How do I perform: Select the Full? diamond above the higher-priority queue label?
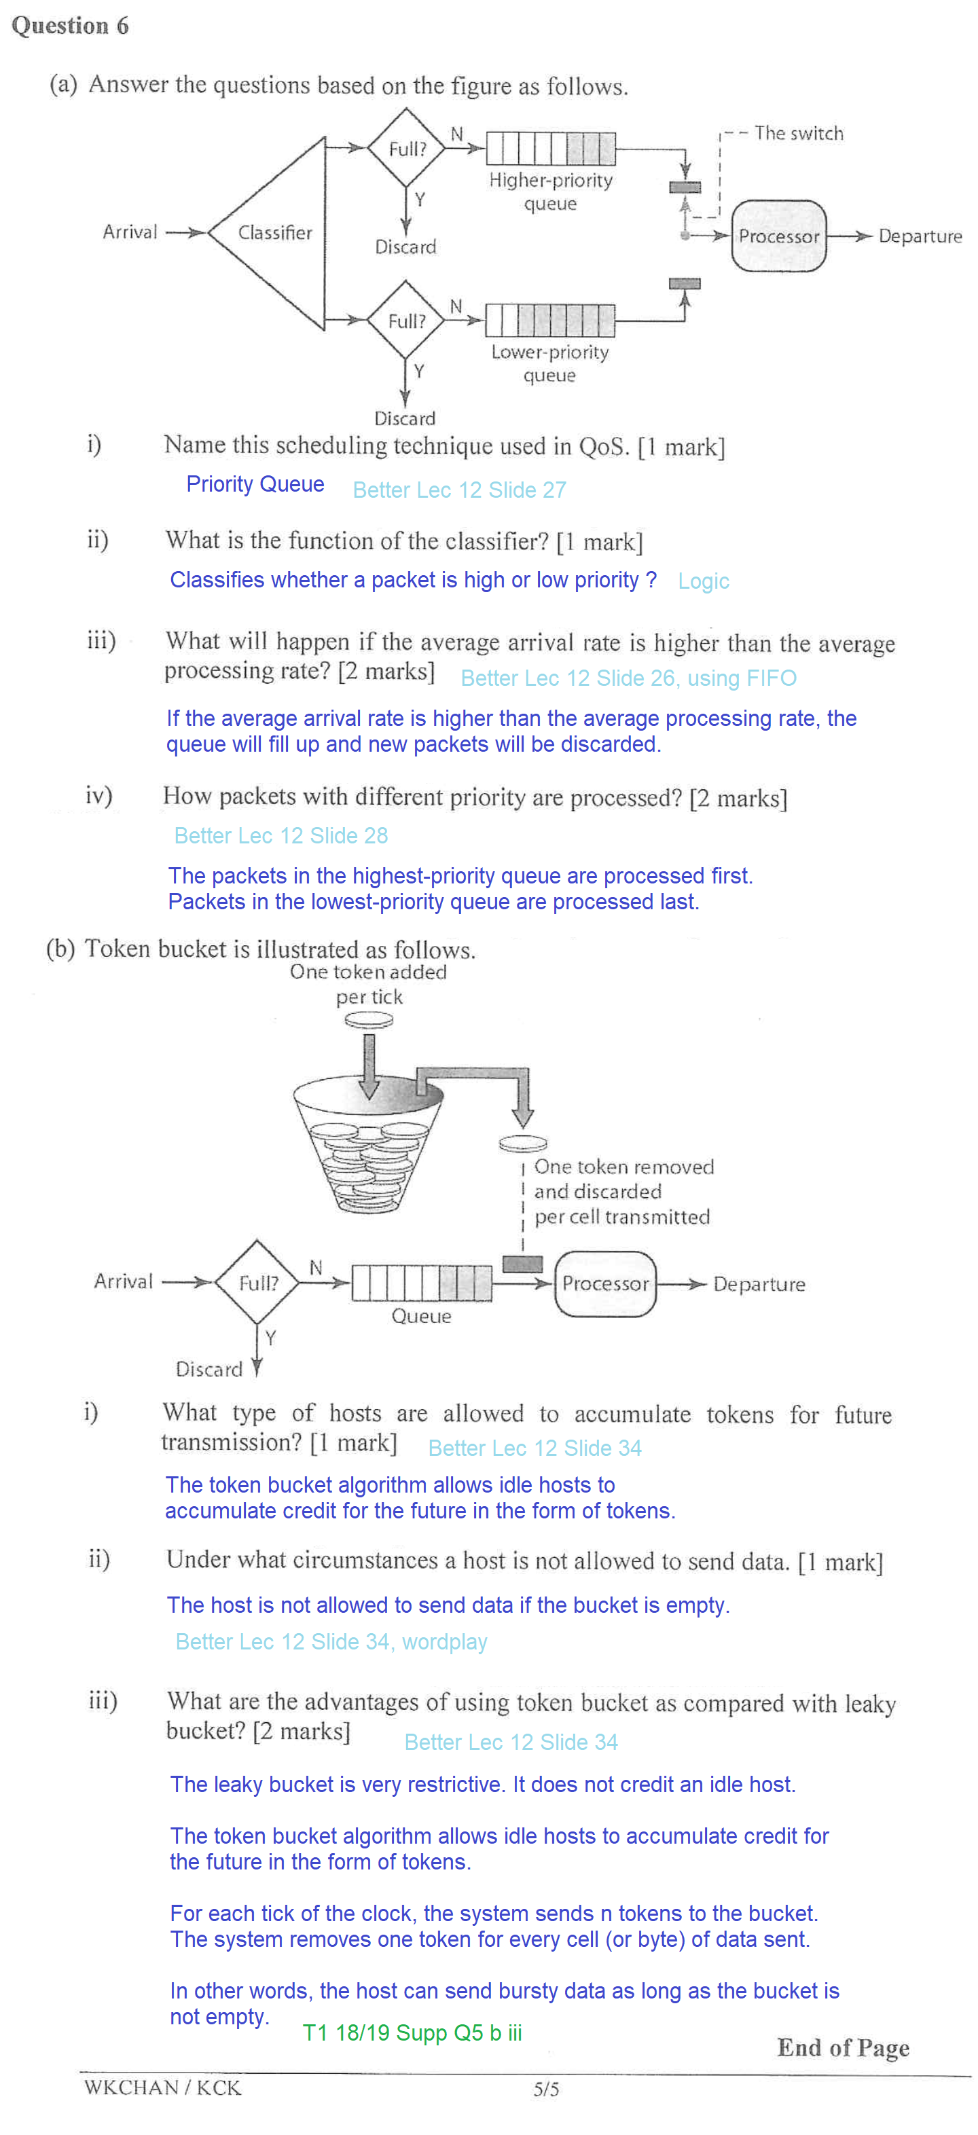click(406, 148)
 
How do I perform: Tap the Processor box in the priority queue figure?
click(778, 236)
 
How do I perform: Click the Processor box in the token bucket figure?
click(604, 1283)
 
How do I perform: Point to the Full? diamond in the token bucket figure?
click(258, 1282)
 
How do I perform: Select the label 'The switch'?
click(798, 133)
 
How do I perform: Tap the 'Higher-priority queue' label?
click(550, 191)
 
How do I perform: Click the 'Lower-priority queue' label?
click(549, 363)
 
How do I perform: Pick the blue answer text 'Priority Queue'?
click(255, 484)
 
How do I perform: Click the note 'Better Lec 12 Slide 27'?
click(459, 490)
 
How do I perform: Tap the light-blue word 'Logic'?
click(703, 581)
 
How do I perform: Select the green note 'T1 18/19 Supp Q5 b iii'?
click(412, 2032)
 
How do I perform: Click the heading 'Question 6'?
click(70, 26)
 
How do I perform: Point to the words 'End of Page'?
click(842, 2047)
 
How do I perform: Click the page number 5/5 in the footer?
click(545, 2089)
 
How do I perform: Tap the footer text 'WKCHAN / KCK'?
click(162, 2087)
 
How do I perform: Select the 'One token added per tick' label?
click(368, 984)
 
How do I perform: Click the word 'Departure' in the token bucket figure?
click(759, 1284)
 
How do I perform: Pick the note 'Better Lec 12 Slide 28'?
click(280, 835)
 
